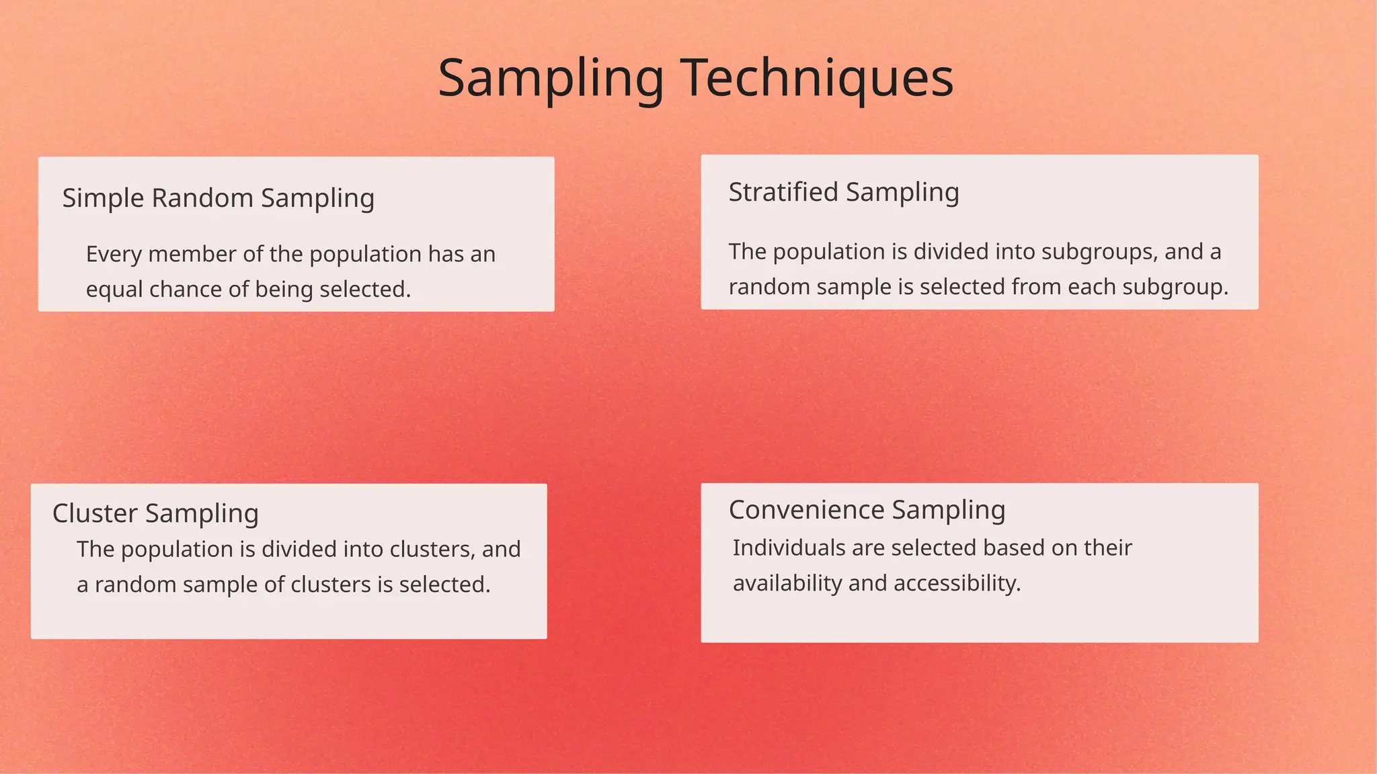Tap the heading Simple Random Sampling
pyautogui.click(x=219, y=198)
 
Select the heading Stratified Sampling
pyautogui.click(x=844, y=192)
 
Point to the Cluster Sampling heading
pyautogui.click(x=155, y=513)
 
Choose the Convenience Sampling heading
pyautogui.click(x=867, y=510)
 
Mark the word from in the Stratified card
pyautogui.click(x=1036, y=287)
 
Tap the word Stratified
pyautogui.click(x=783, y=192)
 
